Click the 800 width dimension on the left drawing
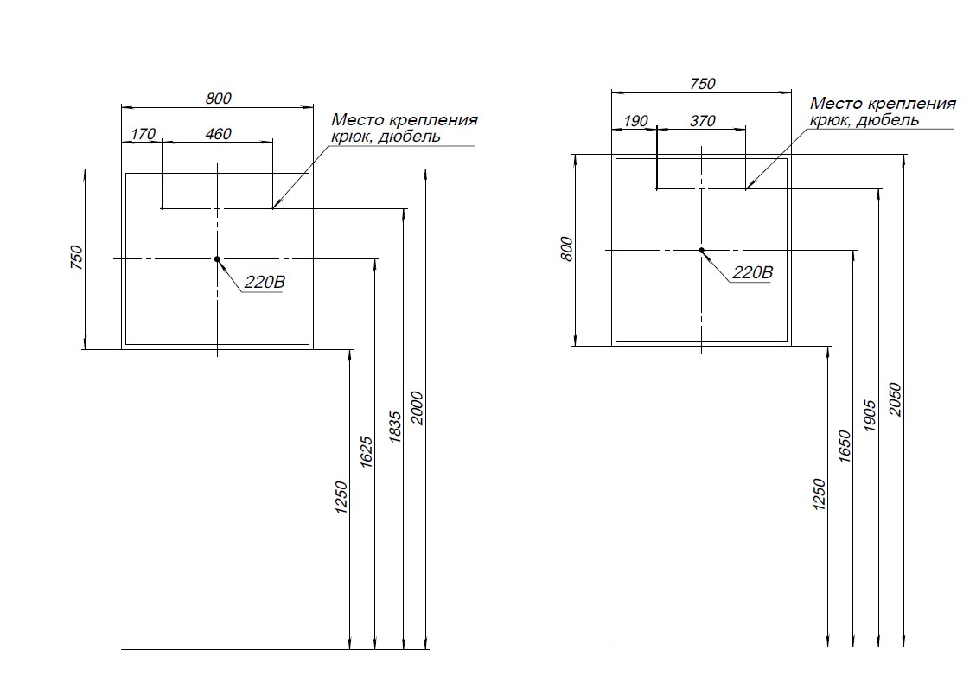[x=219, y=99]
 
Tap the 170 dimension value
[x=143, y=134]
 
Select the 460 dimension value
[x=218, y=134]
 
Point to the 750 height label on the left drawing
[x=75, y=258]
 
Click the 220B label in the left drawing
[x=263, y=282]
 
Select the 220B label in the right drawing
[x=752, y=272]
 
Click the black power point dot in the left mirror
[x=217, y=258]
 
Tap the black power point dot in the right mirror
[x=702, y=250]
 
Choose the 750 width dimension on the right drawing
[x=703, y=84]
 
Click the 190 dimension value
[x=635, y=121]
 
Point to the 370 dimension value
[x=702, y=121]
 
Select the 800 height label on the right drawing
[x=567, y=250]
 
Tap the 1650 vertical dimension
[x=845, y=446]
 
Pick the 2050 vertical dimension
[x=895, y=399]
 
